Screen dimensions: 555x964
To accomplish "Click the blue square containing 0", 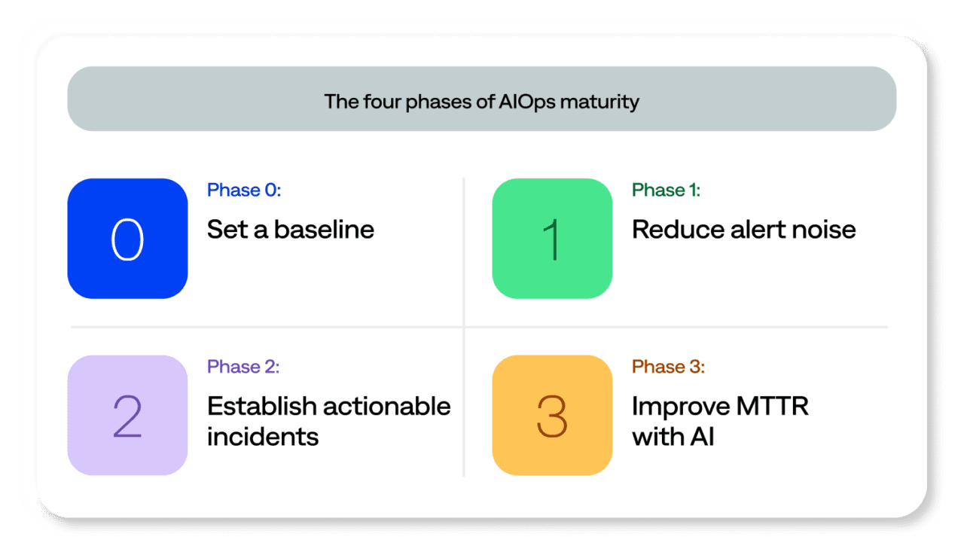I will point(127,239).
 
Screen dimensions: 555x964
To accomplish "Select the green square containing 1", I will point(552,239).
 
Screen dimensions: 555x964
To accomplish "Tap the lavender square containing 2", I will point(127,416).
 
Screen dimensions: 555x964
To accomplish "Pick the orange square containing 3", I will point(552,416).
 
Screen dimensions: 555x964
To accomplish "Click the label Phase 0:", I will point(244,191).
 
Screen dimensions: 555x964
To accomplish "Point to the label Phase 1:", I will point(666,191).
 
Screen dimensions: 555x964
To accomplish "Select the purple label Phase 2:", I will point(244,367).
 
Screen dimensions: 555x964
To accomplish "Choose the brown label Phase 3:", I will point(668,367).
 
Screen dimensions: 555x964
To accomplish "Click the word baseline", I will point(324,229).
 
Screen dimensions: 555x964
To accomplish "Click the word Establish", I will point(261,406).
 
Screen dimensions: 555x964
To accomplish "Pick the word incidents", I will point(263,436).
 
